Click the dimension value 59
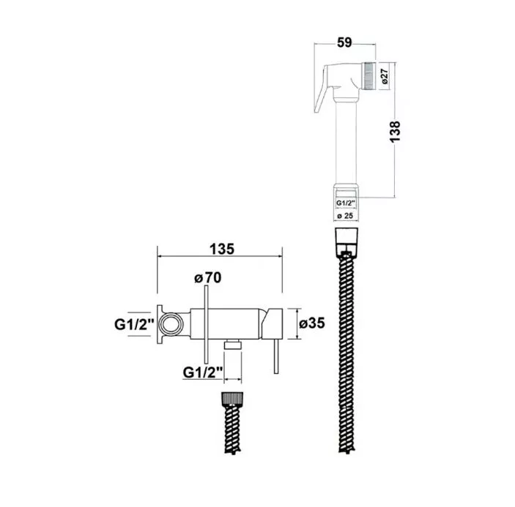coord(344,42)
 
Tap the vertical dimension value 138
coord(395,131)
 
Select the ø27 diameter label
coord(385,76)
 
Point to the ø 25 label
coord(345,216)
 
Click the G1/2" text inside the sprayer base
coord(346,203)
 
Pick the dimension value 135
coord(222,249)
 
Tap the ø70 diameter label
coord(208,278)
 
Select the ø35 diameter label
coord(312,323)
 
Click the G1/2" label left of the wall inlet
coord(134,324)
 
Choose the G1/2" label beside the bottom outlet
coord(203,372)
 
